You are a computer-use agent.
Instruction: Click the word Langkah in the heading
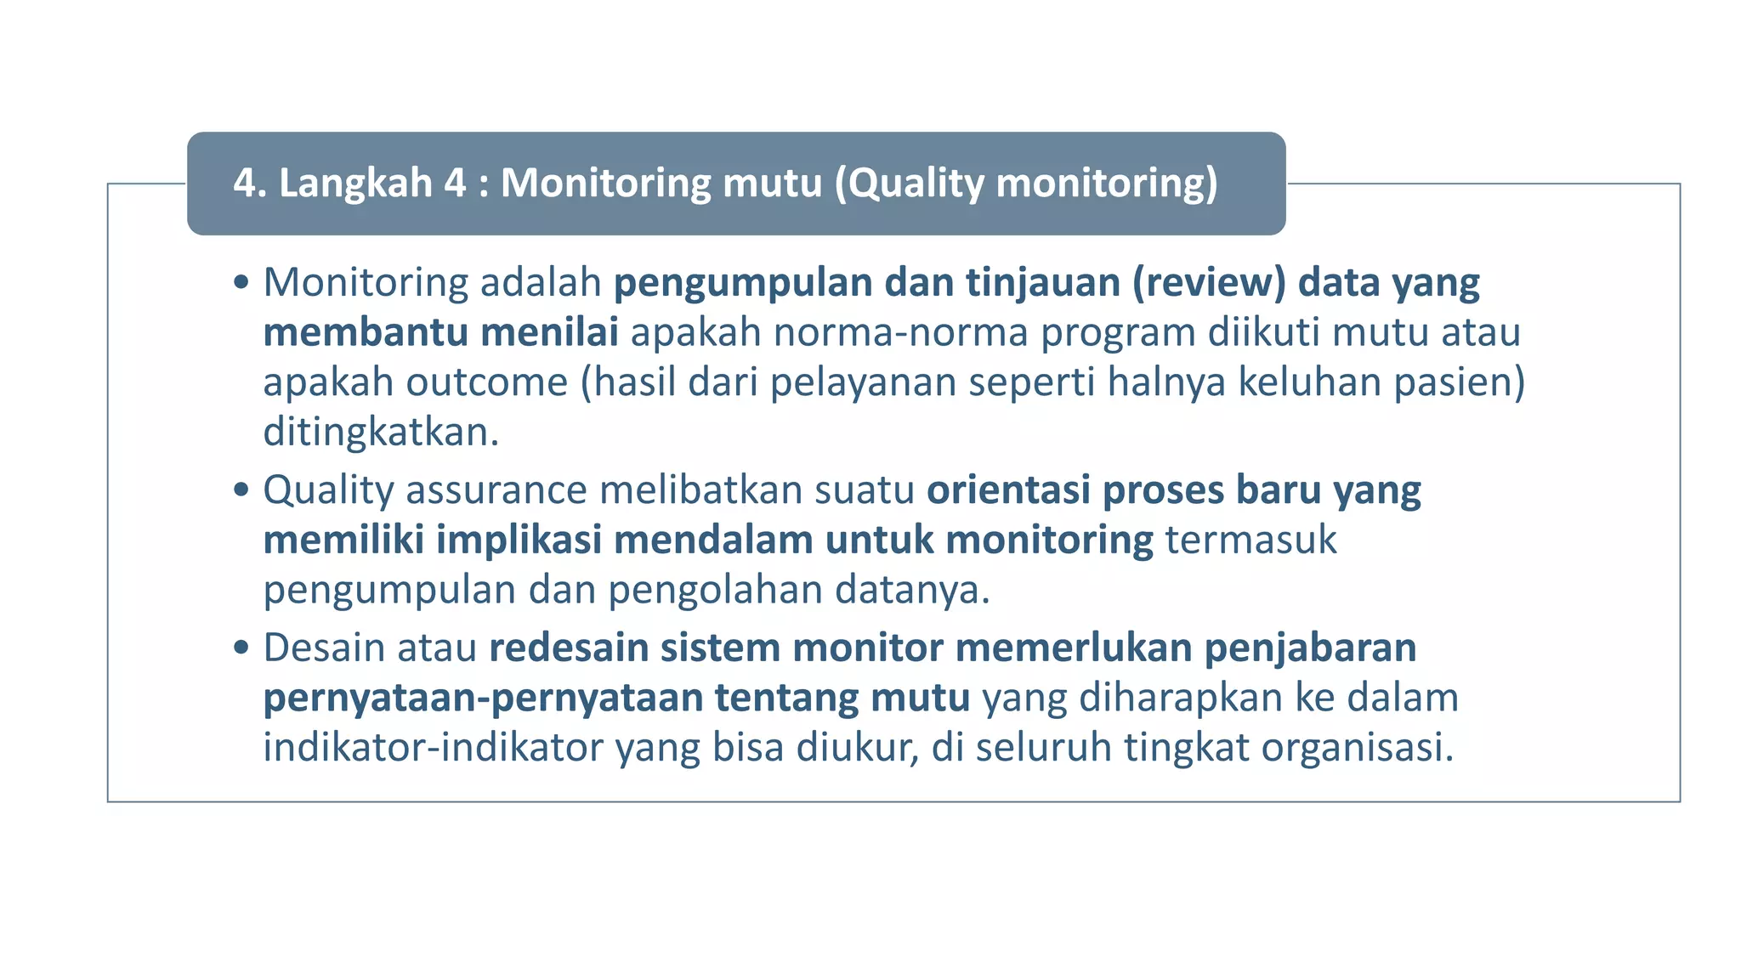pyautogui.click(x=355, y=184)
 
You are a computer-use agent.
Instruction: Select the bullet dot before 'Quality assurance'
pyautogui.click(x=241, y=489)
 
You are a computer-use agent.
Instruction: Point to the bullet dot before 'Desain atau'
pyautogui.click(x=241, y=648)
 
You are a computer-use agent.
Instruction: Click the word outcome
pyautogui.click(x=486, y=382)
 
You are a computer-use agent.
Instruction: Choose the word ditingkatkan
pyautogui.click(x=380, y=433)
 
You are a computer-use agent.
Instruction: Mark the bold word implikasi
pyautogui.click(x=519, y=540)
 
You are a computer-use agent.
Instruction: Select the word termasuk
pyautogui.click(x=1250, y=540)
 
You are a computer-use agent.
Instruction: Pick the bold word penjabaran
pyautogui.click(x=1310, y=648)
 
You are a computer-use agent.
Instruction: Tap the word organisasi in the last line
pyautogui.click(x=1357, y=748)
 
